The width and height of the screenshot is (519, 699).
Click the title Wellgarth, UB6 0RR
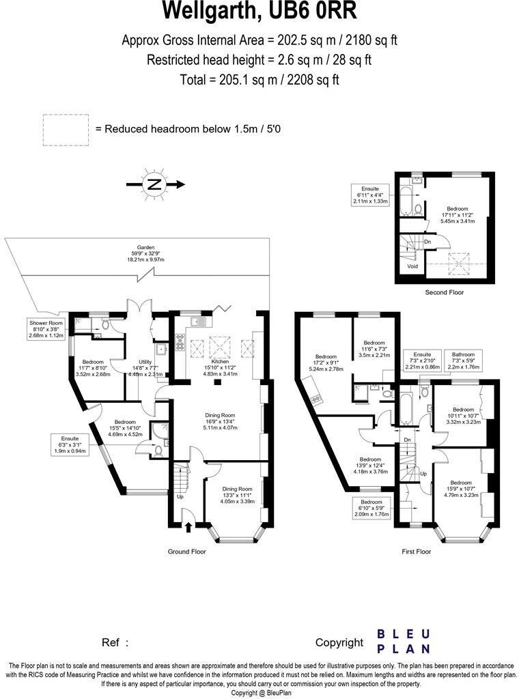click(x=259, y=12)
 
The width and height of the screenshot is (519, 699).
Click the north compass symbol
click(x=155, y=184)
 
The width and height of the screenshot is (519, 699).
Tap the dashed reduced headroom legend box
click(x=66, y=129)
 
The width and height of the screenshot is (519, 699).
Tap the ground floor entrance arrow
click(x=188, y=527)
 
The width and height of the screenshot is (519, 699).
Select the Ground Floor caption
click(x=187, y=551)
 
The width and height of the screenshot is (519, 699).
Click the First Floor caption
click(x=416, y=551)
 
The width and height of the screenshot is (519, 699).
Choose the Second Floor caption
click(x=444, y=292)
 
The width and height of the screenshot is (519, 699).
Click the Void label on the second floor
click(x=412, y=267)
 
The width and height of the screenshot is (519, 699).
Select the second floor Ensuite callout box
click(x=371, y=195)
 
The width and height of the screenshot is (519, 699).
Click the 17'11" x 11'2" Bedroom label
click(x=458, y=214)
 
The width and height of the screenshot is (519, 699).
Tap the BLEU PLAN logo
click(x=404, y=641)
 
